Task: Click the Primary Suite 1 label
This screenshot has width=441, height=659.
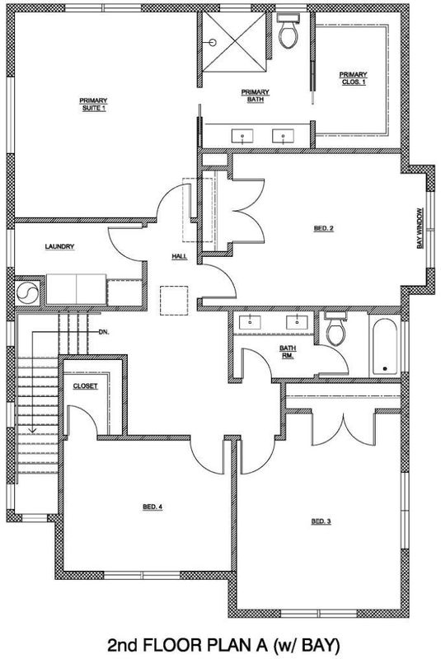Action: tap(93, 105)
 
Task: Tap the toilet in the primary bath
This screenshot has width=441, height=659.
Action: tap(289, 30)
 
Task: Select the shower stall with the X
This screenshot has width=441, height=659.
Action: tap(235, 42)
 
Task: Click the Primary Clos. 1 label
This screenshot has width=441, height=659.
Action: tap(353, 78)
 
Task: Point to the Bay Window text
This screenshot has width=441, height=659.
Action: tap(420, 228)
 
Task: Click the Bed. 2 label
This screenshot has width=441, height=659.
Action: tap(324, 229)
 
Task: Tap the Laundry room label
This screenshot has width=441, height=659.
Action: tap(59, 246)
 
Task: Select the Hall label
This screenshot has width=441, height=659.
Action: tap(179, 256)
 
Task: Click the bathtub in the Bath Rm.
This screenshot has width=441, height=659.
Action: tap(385, 348)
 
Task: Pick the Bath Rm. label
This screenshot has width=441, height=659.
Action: tap(288, 352)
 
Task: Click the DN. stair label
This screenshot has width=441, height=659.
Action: tap(103, 332)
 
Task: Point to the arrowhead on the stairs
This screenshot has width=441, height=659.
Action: tap(32, 430)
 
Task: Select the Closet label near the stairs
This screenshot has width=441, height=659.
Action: tap(86, 386)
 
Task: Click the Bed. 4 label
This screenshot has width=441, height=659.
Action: tap(152, 507)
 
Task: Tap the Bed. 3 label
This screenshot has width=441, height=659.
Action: tap(321, 521)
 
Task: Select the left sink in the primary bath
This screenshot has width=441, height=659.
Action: tap(243, 136)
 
